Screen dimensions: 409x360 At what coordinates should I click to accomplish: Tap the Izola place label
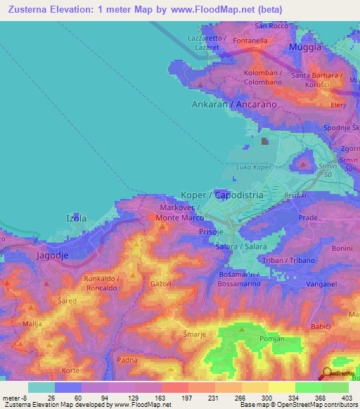coord(76,219)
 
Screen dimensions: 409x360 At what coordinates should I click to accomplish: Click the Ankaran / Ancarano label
coord(234,104)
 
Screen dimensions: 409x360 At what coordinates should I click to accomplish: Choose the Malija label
coord(32,323)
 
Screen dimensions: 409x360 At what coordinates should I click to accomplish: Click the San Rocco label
coord(271,26)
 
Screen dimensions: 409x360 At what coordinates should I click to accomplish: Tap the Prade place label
coord(309,218)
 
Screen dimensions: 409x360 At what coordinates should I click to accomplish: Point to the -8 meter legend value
coord(18,397)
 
